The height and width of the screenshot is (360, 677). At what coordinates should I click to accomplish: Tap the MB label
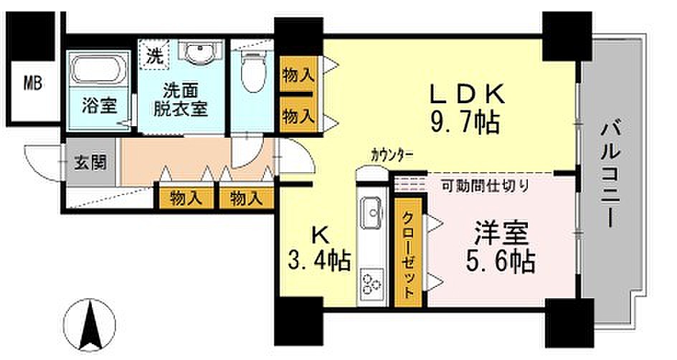(x=33, y=83)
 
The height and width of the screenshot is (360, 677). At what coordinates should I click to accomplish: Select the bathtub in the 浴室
(x=98, y=69)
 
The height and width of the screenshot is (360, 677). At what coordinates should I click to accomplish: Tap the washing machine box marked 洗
(x=153, y=54)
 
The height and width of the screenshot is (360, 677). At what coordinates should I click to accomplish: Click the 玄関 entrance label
(x=90, y=163)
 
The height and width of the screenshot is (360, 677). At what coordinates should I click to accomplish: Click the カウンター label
(x=392, y=154)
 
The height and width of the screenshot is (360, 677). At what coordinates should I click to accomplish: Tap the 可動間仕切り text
(x=485, y=186)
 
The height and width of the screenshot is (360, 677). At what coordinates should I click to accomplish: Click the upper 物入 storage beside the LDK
(x=298, y=75)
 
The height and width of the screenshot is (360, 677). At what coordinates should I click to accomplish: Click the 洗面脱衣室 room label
(x=181, y=100)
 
